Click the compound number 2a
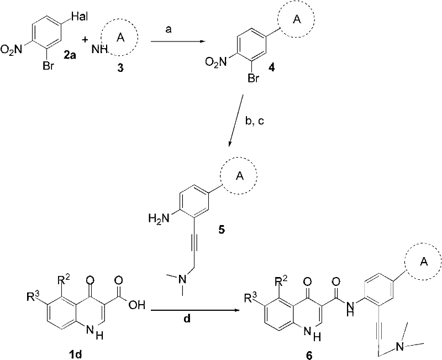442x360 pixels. click(70, 56)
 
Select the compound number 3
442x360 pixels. click(120, 69)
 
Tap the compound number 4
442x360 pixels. click(272, 67)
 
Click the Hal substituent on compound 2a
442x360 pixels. click(80, 17)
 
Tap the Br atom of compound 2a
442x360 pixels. click(48, 66)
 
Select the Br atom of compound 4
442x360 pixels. click(253, 79)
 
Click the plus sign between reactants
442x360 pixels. click(85, 40)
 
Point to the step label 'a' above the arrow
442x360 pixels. click(169, 29)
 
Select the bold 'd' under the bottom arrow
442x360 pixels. click(187, 319)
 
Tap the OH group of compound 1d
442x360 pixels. click(136, 305)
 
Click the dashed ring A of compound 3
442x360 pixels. click(120, 37)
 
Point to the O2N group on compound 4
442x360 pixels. click(216, 61)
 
